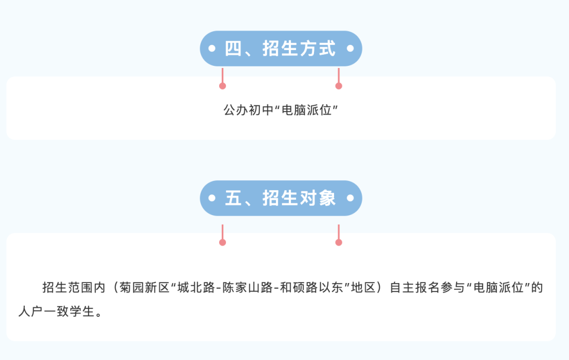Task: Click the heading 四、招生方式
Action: click(x=280, y=48)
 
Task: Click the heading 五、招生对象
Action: click(x=280, y=198)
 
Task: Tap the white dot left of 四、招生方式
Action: click(x=212, y=48)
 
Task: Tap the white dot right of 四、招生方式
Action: click(x=350, y=48)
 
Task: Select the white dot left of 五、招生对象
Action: click(x=212, y=198)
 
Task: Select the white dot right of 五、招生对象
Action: click(x=350, y=198)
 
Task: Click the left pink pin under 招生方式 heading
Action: click(x=222, y=79)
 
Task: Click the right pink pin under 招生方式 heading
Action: click(x=339, y=79)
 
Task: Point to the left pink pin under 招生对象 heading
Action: click(x=222, y=235)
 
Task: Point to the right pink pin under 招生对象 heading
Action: click(x=339, y=235)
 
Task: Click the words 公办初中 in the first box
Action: click(x=248, y=110)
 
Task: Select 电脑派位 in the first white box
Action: click(x=307, y=110)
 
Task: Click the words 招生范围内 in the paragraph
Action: click(x=74, y=287)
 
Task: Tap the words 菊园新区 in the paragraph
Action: click(x=144, y=287)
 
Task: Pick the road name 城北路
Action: click(x=197, y=287)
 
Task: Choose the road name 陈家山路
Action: click(x=248, y=287)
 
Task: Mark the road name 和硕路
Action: click(x=299, y=287)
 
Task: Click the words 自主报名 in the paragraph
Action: click(x=415, y=287)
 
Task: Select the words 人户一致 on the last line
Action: click(x=43, y=312)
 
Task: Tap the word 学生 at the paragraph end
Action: click(x=82, y=312)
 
